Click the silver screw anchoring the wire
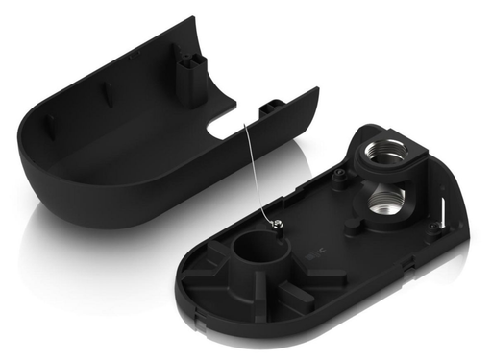277,224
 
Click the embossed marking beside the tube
314,257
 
